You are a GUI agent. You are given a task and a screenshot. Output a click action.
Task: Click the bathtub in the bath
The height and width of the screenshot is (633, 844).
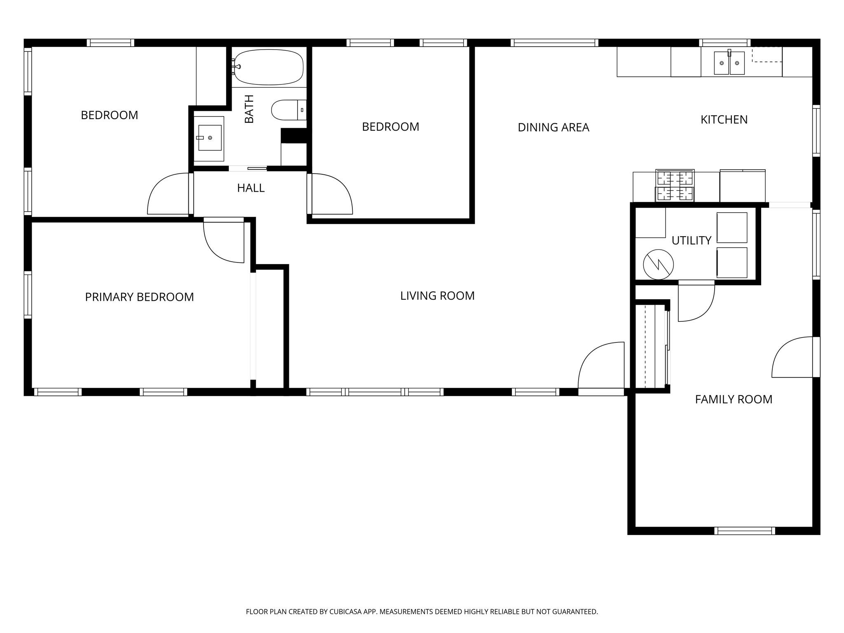[x=269, y=67]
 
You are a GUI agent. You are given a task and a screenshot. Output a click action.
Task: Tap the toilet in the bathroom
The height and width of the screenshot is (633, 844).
[x=288, y=110]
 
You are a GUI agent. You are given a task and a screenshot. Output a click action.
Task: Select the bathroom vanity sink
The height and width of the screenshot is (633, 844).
[x=209, y=138]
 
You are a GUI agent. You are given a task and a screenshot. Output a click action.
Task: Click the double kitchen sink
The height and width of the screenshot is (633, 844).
[x=729, y=63]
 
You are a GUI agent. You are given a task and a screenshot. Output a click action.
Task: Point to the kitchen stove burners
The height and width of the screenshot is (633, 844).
[x=675, y=186]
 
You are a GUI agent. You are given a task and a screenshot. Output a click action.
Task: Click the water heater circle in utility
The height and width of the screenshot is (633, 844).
[x=658, y=264]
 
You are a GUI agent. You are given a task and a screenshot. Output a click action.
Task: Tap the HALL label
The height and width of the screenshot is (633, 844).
[x=251, y=188]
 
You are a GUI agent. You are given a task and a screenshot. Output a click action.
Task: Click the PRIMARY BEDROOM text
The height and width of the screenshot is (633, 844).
[x=139, y=297]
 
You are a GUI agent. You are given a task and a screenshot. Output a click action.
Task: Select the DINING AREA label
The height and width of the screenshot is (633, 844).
[x=553, y=128]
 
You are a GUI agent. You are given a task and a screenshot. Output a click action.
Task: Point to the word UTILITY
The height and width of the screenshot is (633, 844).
[x=691, y=241]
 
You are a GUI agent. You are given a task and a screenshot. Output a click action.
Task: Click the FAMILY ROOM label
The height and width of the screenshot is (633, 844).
[x=734, y=399]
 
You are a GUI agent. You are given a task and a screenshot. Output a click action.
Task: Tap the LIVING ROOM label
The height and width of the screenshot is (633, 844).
[x=437, y=296]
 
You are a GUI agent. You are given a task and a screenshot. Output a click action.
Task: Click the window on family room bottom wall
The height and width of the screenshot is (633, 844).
[x=744, y=531]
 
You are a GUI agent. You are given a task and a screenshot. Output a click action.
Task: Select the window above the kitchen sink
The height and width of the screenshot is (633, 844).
[x=724, y=42]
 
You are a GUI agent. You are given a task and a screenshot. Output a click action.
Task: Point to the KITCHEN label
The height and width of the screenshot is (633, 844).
[x=724, y=120]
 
